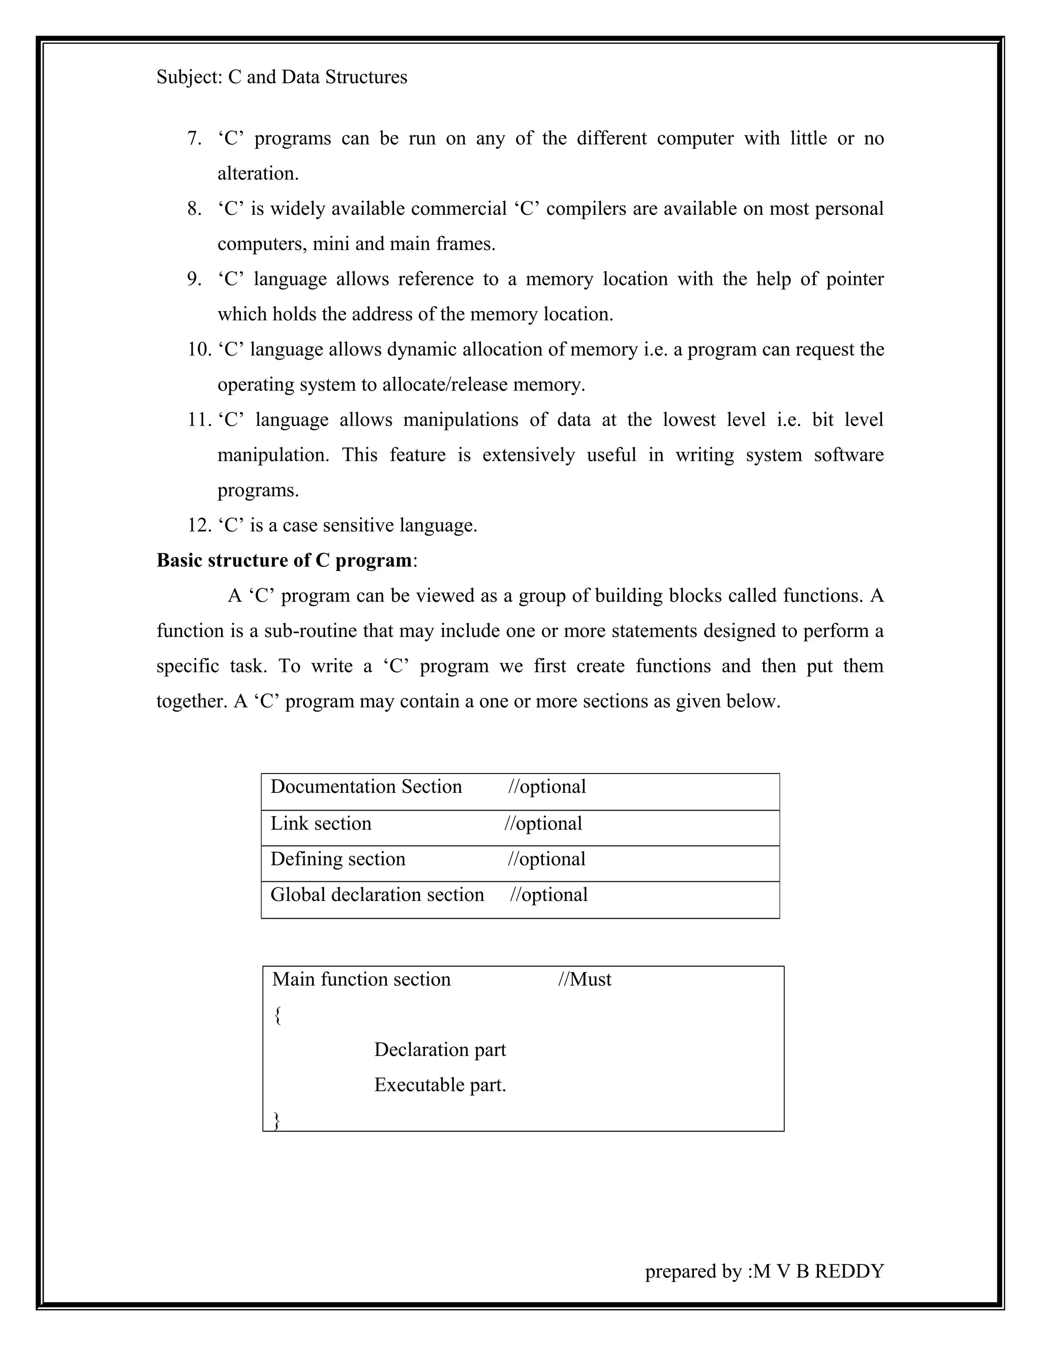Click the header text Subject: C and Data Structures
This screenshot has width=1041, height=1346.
point(281,78)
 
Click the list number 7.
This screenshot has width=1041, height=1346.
point(194,139)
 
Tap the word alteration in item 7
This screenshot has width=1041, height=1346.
point(257,174)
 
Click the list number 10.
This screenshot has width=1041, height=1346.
point(199,349)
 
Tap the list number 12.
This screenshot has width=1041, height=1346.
point(199,526)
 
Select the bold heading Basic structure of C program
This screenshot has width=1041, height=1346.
point(284,560)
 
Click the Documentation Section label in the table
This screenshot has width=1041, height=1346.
point(365,787)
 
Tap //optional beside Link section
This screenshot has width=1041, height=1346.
point(543,824)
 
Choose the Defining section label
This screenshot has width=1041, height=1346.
point(338,859)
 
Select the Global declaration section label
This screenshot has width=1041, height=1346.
point(377,895)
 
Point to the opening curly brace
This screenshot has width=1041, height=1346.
point(278,1015)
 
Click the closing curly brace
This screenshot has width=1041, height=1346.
point(277,1120)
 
